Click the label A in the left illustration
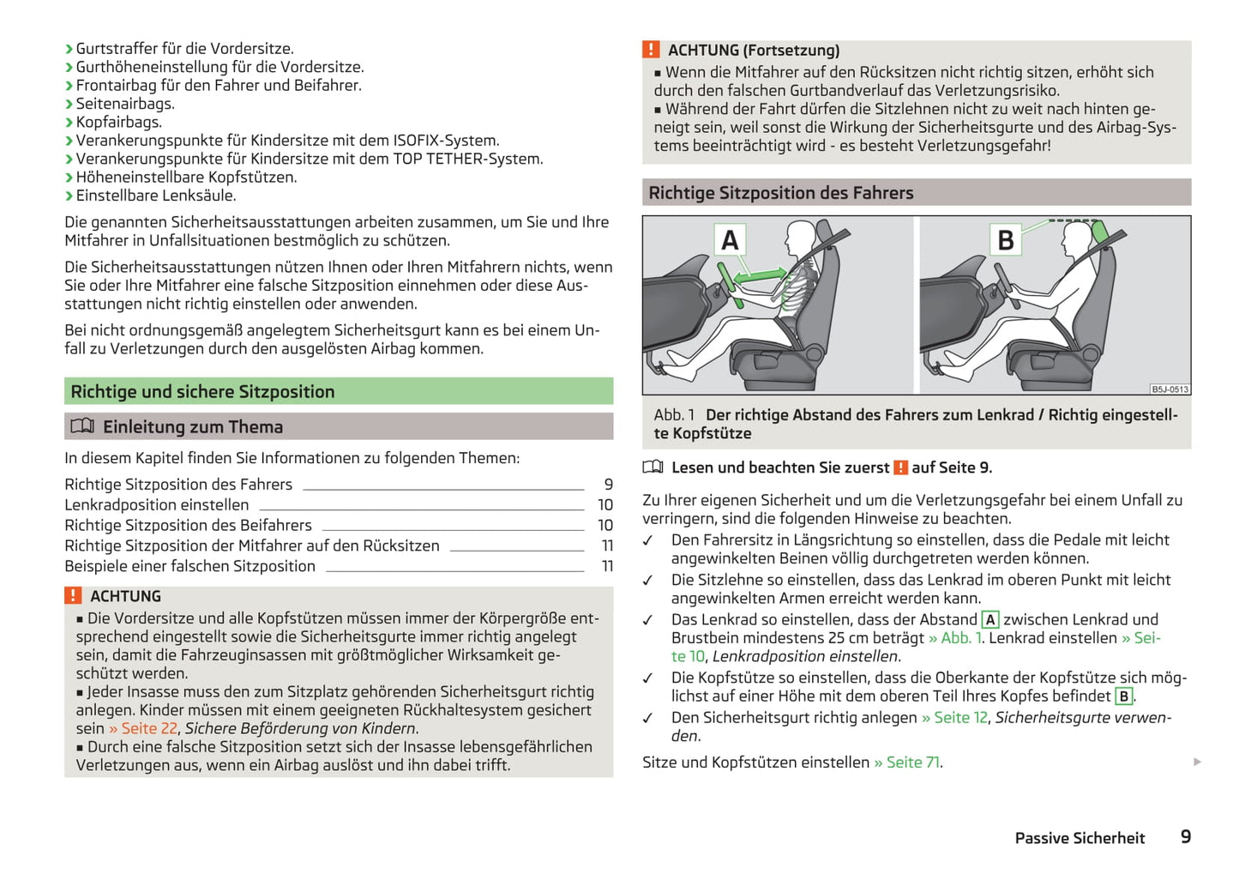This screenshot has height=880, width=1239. (x=730, y=240)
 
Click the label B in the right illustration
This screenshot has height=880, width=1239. (x=1006, y=240)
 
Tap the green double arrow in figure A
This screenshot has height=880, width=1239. (x=759, y=275)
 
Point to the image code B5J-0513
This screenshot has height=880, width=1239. (x=1170, y=389)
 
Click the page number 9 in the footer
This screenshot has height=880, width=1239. (x=1186, y=837)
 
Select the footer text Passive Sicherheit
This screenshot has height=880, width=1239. (x=1080, y=838)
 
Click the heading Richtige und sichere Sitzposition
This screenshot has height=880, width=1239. (x=202, y=392)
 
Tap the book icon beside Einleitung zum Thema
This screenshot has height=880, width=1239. (x=82, y=426)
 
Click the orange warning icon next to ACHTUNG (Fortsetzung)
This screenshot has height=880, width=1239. (x=651, y=50)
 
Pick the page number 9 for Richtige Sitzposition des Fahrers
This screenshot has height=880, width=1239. (x=608, y=485)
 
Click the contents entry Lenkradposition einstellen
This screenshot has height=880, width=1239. (x=157, y=505)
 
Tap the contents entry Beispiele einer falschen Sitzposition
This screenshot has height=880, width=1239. (x=189, y=566)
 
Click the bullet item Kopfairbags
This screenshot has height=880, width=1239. (x=118, y=122)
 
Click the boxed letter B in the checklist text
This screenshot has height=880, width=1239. (x=1123, y=696)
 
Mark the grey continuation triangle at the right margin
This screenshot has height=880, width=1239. (x=1197, y=762)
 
